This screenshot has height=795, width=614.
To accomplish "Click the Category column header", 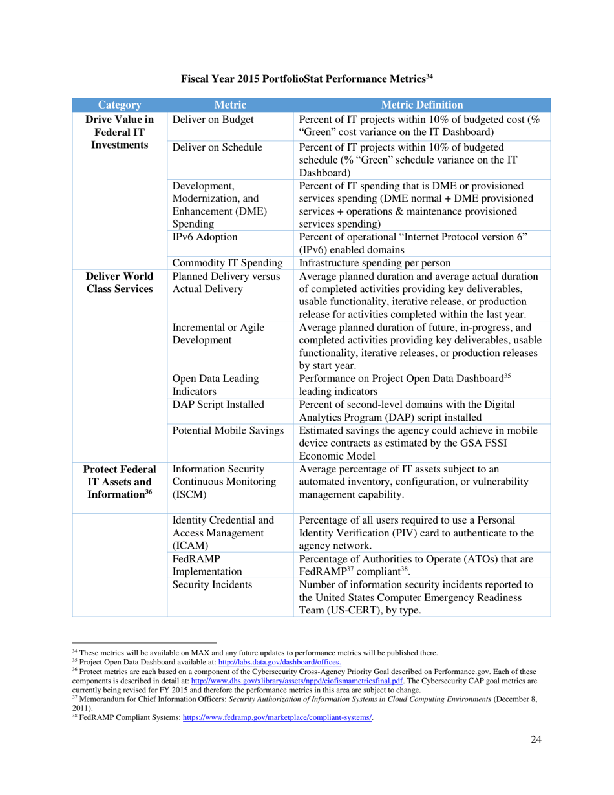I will pyautogui.click(x=120, y=105).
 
